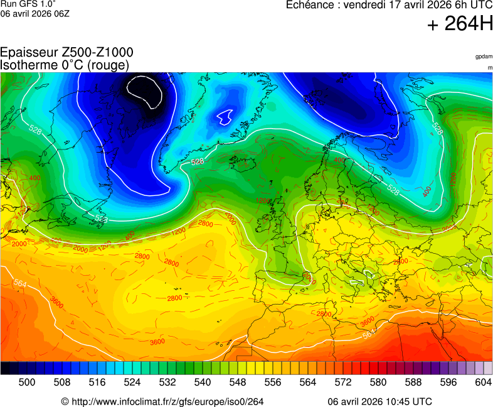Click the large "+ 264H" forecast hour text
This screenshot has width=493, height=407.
pos(460,24)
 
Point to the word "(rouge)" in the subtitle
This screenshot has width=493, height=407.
pos(108,65)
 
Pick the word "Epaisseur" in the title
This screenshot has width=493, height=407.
pos(26,53)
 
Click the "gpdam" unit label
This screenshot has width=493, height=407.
pos(484,57)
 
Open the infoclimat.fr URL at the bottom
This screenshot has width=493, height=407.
pos(164,401)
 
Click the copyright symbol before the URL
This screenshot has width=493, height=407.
pos(65,401)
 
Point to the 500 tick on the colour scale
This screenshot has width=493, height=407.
pos(27,381)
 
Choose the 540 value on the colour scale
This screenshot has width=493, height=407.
pos(203,381)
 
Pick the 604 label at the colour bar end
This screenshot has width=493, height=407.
pos(483,381)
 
